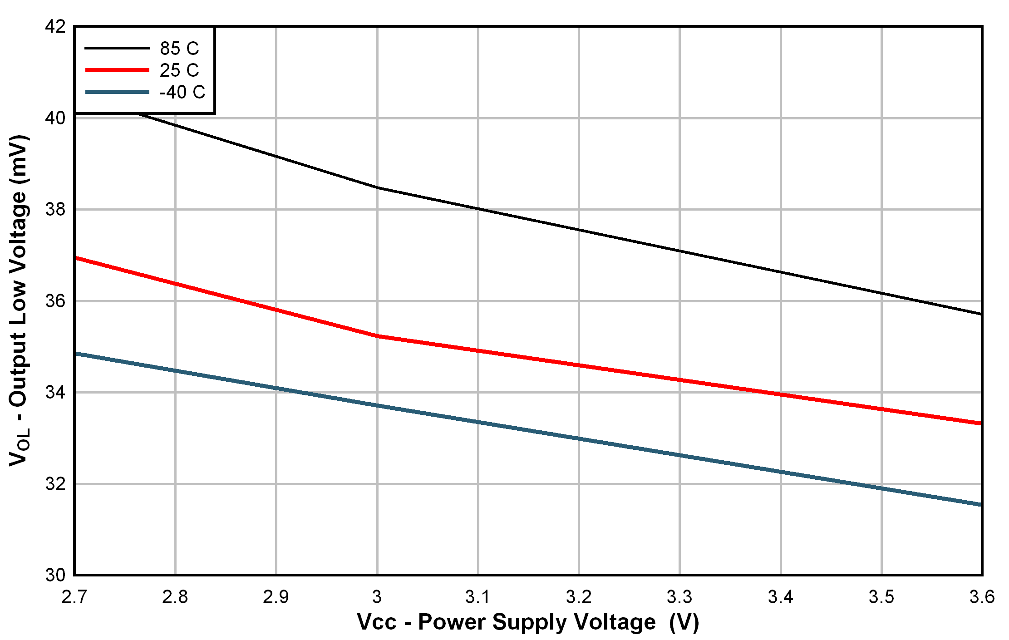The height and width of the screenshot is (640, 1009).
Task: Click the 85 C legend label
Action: click(179, 48)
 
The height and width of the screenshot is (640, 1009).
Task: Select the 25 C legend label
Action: click(179, 70)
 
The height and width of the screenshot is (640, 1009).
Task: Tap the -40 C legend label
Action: click(182, 92)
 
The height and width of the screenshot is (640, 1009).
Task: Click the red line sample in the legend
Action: click(117, 70)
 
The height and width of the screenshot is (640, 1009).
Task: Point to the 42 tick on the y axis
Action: click(55, 26)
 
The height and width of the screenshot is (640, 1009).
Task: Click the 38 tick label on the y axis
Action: click(55, 209)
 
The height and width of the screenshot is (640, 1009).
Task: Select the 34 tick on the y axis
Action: click(55, 392)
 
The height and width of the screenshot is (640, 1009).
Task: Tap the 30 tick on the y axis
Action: click(55, 575)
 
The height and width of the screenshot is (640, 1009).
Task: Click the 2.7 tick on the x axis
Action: click(74, 597)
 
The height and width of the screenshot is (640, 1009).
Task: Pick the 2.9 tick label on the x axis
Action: click(276, 597)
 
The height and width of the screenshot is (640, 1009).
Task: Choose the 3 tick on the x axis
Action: click(377, 597)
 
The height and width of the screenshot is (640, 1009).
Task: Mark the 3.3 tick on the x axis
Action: click(679, 597)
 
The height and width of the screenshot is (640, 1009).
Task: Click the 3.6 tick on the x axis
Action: click(982, 597)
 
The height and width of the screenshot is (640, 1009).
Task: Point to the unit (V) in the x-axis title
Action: click(684, 622)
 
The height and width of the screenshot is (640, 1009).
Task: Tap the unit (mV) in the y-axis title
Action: click(19, 158)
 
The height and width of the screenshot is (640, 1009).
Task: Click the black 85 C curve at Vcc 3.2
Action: click(579, 230)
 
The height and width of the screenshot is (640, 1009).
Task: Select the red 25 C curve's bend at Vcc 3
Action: click(377, 336)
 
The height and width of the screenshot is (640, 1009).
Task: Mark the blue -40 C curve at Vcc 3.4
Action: click(781, 472)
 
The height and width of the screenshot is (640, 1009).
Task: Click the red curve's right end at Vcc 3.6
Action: click(980, 423)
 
